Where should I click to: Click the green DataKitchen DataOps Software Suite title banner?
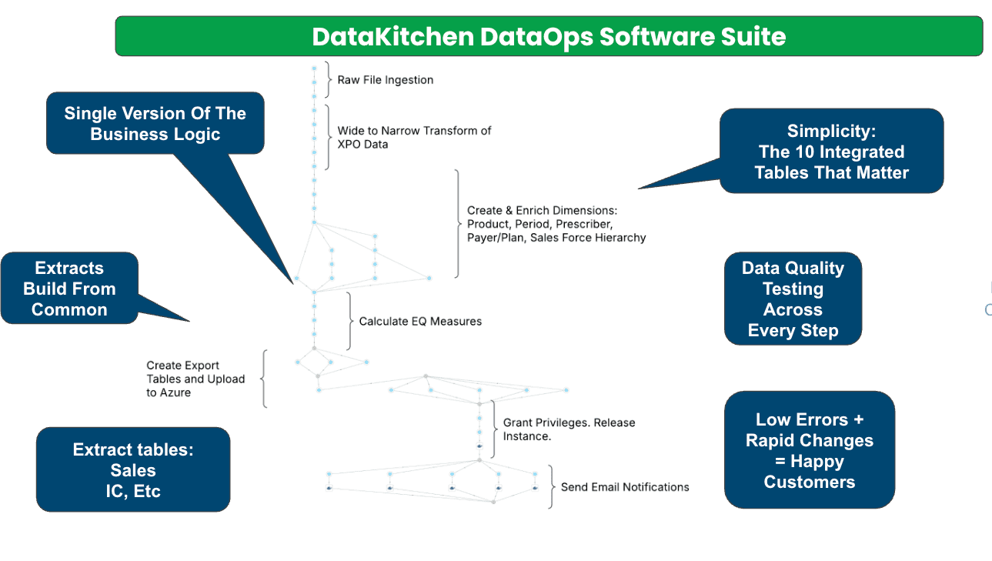point(549,36)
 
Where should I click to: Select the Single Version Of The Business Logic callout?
point(155,124)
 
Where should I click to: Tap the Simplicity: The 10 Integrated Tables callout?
point(831,152)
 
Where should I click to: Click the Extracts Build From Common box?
point(69,289)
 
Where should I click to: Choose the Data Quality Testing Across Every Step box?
point(793,299)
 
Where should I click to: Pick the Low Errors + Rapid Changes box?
point(809,450)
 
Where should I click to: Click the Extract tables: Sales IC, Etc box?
point(133,469)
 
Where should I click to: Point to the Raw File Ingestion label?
point(385,80)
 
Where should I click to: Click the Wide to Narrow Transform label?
point(414,137)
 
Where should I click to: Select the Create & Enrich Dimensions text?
point(556,224)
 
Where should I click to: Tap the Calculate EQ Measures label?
point(420,321)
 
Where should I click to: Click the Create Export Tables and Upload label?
point(195,379)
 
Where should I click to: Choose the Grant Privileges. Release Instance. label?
point(569,429)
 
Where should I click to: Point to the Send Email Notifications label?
point(624,486)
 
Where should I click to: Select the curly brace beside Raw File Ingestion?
point(329,80)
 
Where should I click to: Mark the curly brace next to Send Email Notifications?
point(552,486)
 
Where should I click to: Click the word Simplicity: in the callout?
point(831,131)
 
